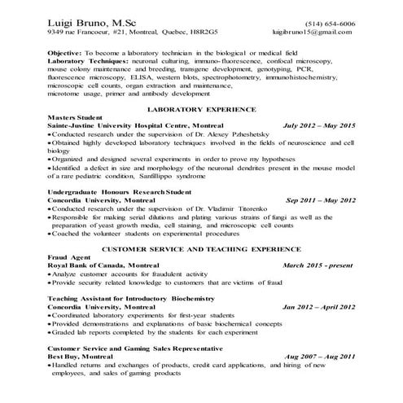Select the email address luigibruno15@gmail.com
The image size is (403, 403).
[x=316, y=33]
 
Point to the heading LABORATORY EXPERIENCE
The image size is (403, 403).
[x=200, y=109]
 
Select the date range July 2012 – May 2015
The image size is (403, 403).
[x=318, y=125]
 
